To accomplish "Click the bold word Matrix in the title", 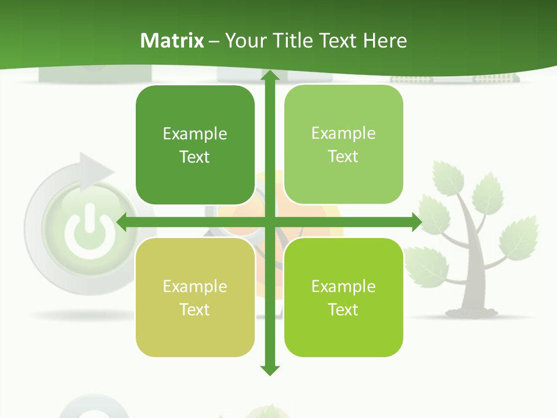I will [172, 41].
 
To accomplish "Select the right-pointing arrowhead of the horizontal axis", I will [416, 222].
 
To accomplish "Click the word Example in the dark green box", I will [195, 134].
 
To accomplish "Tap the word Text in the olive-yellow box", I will [195, 309].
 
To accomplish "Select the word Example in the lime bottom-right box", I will [343, 286].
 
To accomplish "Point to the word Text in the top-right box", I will [343, 156].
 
